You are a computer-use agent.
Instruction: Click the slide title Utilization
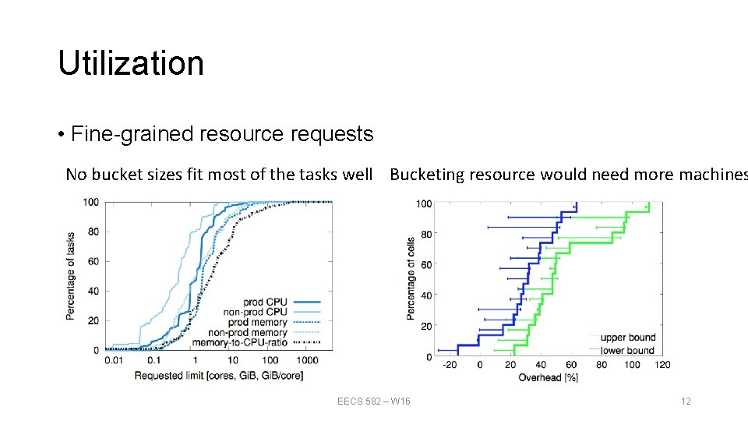pyautogui.click(x=130, y=63)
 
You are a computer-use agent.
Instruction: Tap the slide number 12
pyautogui.click(x=686, y=402)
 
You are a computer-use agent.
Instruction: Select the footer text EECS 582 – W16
pyautogui.click(x=373, y=402)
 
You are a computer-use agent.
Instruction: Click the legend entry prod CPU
pyautogui.click(x=265, y=302)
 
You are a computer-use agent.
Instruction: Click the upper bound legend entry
pyautogui.click(x=627, y=338)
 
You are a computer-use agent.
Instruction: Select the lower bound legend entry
pyautogui.click(x=627, y=350)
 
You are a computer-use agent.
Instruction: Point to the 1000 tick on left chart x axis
pyautogui.click(x=307, y=360)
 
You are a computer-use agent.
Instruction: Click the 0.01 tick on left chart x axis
pyautogui.click(x=114, y=360)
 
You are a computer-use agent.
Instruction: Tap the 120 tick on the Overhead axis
pyautogui.click(x=662, y=365)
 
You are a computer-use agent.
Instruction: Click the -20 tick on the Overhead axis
pyautogui.click(x=449, y=365)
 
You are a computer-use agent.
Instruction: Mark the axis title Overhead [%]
pyautogui.click(x=548, y=377)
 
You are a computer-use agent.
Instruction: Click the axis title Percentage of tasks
pyautogui.click(x=71, y=275)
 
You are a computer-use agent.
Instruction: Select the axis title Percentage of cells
pyautogui.click(x=411, y=278)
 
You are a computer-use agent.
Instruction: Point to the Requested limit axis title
pyautogui.click(x=218, y=376)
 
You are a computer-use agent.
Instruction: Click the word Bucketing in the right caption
pyautogui.click(x=426, y=175)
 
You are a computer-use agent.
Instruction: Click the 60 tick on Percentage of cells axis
pyautogui.click(x=425, y=265)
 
